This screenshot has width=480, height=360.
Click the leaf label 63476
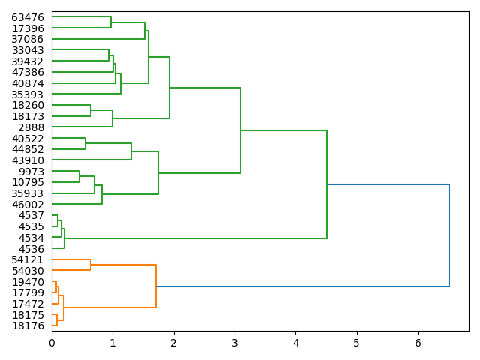[x=28, y=17]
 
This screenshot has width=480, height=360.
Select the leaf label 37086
[x=28, y=39]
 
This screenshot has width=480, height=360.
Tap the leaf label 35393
[x=28, y=94]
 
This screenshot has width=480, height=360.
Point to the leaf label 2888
[x=31, y=127]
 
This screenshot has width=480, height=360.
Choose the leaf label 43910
[x=28, y=160]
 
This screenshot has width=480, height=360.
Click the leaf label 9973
[x=31, y=172]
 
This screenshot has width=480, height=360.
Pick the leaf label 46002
[x=28, y=205]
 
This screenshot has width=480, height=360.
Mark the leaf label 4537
[x=31, y=216]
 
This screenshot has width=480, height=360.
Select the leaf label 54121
[x=28, y=259]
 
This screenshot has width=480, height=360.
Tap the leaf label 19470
[x=28, y=282]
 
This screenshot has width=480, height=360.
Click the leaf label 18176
[x=28, y=325]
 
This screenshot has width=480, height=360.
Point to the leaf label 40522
[x=28, y=139]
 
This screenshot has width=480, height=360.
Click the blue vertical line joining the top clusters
[x=449, y=235]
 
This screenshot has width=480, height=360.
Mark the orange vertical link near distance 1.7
[x=156, y=286]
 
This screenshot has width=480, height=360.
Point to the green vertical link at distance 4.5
[x=327, y=184]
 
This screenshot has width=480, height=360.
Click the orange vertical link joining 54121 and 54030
[x=91, y=265]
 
